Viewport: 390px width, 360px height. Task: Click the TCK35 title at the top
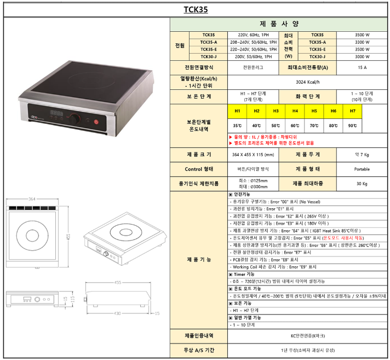[x=195, y=10]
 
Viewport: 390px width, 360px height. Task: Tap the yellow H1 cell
[x=237, y=111]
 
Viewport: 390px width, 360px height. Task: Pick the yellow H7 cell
[x=353, y=111]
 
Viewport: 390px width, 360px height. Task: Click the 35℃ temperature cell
[x=237, y=125]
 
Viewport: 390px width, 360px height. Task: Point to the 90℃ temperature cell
[x=353, y=125]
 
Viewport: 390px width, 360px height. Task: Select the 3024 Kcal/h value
[x=307, y=82]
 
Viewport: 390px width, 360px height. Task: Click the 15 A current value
[x=362, y=67]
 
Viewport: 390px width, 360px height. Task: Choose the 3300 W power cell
[x=362, y=42]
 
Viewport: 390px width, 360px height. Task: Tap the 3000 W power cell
[x=362, y=56]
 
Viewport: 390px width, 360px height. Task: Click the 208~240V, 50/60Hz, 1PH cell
[x=253, y=42]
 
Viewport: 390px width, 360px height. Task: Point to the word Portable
[x=362, y=169]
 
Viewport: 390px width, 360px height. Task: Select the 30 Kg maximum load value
[x=362, y=184]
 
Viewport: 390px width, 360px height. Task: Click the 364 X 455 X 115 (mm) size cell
[x=253, y=155]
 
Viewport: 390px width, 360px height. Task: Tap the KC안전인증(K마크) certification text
[x=307, y=335]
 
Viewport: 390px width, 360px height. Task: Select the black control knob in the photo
[x=73, y=118]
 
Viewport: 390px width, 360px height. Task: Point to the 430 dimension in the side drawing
[x=118, y=313]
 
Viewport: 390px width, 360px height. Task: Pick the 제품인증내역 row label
[x=198, y=335]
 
